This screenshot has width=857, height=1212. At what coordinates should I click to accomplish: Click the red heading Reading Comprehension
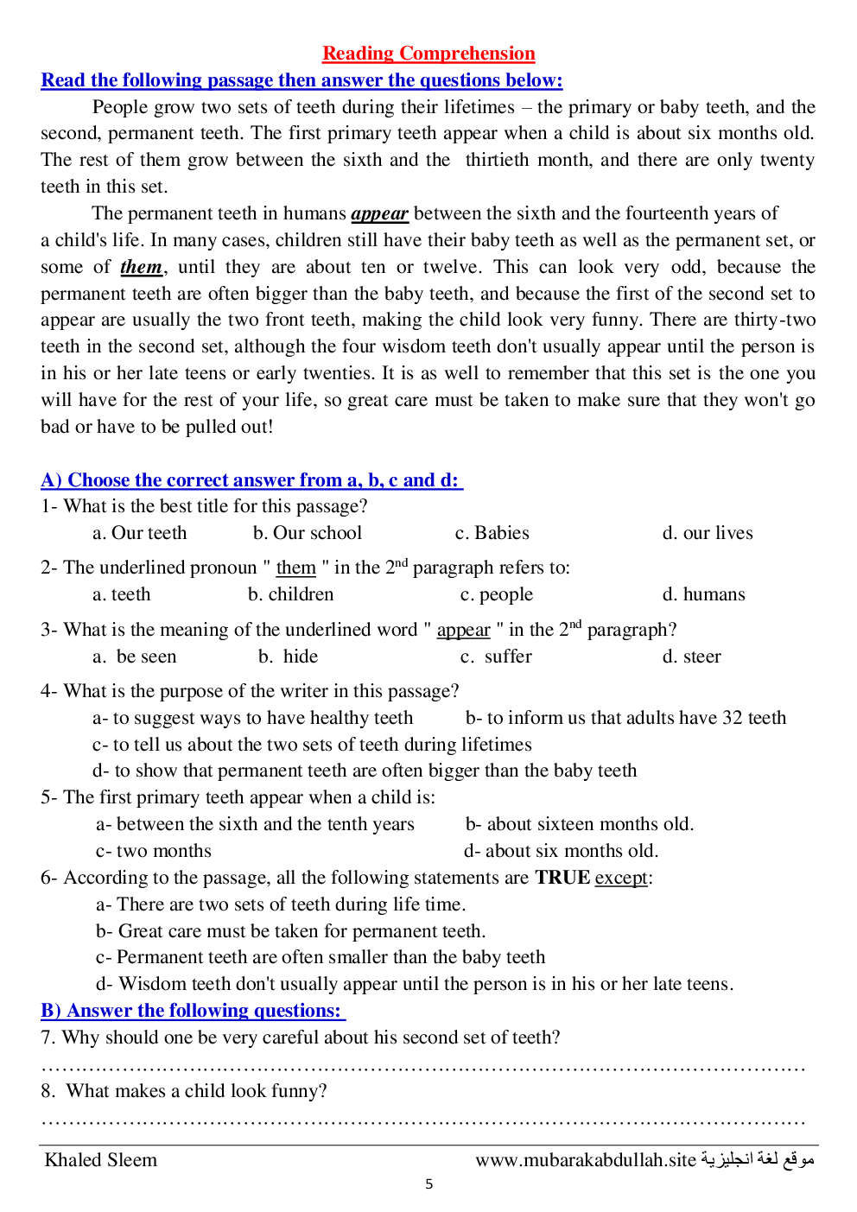coord(428,54)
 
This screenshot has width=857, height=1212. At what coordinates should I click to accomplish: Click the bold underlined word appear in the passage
coord(379,213)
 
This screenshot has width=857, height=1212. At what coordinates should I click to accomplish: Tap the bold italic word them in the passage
coord(141,267)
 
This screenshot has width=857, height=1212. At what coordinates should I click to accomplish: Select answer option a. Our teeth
coord(139,533)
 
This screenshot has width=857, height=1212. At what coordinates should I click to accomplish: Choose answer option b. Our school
coord(308,533)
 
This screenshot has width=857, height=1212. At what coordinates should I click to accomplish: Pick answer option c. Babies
coord(492,533)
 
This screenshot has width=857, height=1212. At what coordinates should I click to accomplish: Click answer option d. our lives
coord(708,533)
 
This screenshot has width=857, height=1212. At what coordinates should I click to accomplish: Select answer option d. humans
coord(703,594)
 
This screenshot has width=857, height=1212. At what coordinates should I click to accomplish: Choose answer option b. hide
coord(289,657)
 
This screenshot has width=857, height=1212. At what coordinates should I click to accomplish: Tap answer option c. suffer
coord(496,657)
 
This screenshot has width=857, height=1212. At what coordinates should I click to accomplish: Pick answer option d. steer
coord(691,657)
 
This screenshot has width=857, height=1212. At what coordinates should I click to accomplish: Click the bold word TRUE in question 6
coord(562,878)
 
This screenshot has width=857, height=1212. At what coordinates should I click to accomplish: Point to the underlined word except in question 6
coord(621,878)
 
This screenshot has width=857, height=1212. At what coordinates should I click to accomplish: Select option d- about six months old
coord(561,851)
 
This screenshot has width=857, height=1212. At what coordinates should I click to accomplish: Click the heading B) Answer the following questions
coord(192,1011)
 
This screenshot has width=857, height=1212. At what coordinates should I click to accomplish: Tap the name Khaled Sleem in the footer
coord(101,1160)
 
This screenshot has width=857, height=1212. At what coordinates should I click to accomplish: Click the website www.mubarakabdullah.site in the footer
coord(585,1160)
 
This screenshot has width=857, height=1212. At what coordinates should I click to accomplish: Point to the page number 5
coord(429,1184)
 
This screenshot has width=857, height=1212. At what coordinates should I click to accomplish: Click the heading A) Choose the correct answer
coord(251,480)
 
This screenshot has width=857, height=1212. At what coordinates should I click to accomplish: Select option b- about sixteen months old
coord(580,824)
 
